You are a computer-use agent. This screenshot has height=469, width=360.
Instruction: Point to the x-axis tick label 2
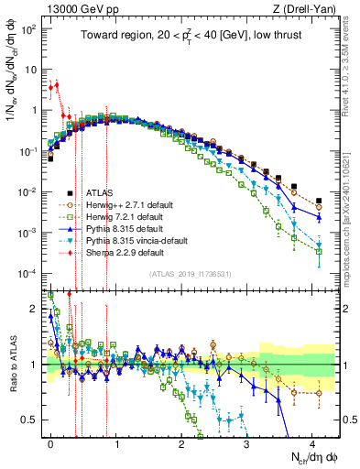(x=181, y=442)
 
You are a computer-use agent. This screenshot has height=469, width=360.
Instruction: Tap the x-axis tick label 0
(x=50, y=442)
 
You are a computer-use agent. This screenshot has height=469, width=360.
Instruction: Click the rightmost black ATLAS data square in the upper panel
(x=319, y=201)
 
